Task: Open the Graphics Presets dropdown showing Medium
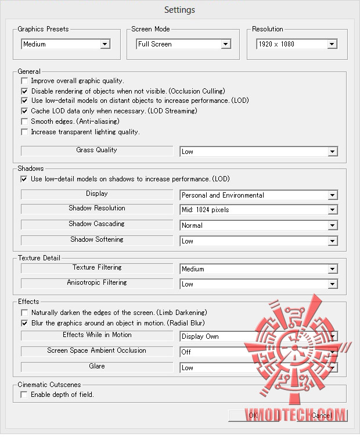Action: point(66,44)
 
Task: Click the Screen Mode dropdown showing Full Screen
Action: point(183,44)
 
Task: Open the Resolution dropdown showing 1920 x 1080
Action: point(296,44)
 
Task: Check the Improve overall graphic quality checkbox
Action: point(24,81)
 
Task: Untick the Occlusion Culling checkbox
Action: point(24,91)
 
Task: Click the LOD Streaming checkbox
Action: point(24,111)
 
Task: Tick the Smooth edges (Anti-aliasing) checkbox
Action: point(24,121)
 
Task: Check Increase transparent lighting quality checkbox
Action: point(24,132)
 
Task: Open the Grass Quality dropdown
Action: point(258,152)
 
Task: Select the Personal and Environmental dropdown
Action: point(258,195)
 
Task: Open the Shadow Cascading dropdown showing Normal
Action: point(258,225)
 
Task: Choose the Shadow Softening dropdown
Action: point(258,241)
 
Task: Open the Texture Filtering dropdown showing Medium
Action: point(258,269)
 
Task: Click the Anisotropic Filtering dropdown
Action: point(258,284)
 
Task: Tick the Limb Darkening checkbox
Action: point(24,313)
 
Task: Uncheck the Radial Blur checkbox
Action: point(24,323)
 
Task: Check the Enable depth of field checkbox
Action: point(24,395)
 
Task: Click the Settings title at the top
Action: point(179,10)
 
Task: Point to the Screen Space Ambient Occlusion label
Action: point(96,351)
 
